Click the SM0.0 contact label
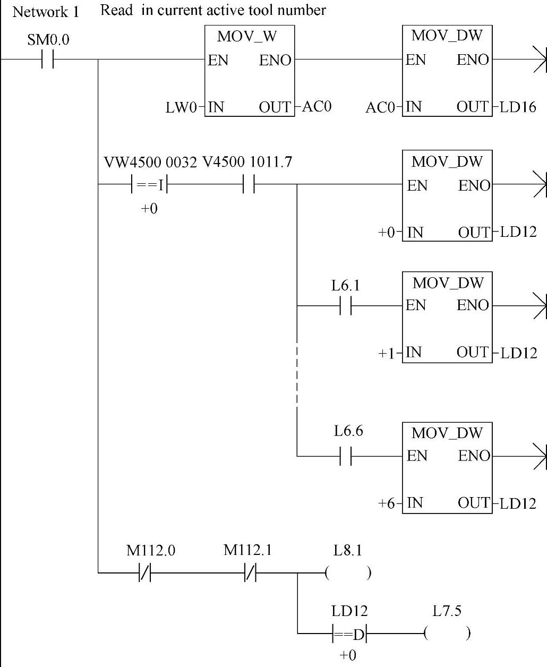pyautogui.click(x=48, y=40)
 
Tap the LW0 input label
pyautogui.click(x=181, y=108)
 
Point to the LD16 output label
pyautogui.click(x=518, y=108)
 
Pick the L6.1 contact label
pyautogui.click(x=346, y=286)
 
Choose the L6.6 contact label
pyautogui.click(x=348, y=431)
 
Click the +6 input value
pyautogui.click(x=386, y=503)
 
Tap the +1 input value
pyautogui.click(x=386, y=353)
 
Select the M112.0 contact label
pyautogui.click(x=151, y=551)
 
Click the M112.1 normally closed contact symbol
pyautogui.click(x=250, y=573)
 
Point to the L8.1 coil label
pyautogui.click(x=348, y=551)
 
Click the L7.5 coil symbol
pyautogui.click(x=447, y=633)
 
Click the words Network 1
pyautogui.click(x=46, y=12)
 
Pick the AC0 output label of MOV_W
pyautogui.click(x=317, y=107)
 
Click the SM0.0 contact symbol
pyautogui.click(x=47, y=59)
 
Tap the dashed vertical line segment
pyautogui.click(x=297, y=374)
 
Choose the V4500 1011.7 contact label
pyautogui.click(x=247, y=162)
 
